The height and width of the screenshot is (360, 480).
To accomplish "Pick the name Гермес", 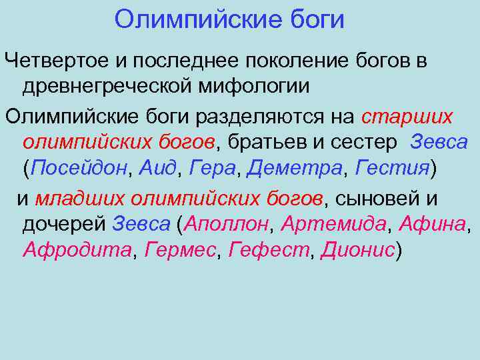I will [180, 250].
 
